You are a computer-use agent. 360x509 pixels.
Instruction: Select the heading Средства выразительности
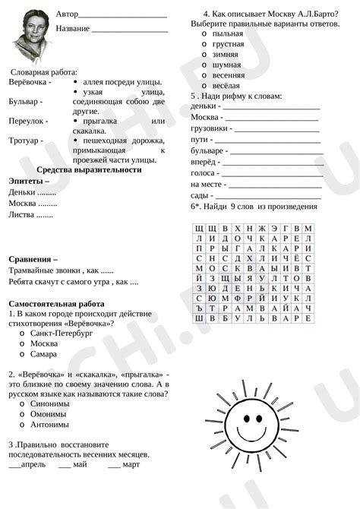(x=89, y=169)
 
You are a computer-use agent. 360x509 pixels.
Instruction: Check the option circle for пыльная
(x=205, y=34)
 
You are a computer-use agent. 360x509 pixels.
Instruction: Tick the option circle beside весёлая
(x=205, y=86)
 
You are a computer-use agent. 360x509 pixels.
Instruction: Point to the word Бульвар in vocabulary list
(x=24, y=100)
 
